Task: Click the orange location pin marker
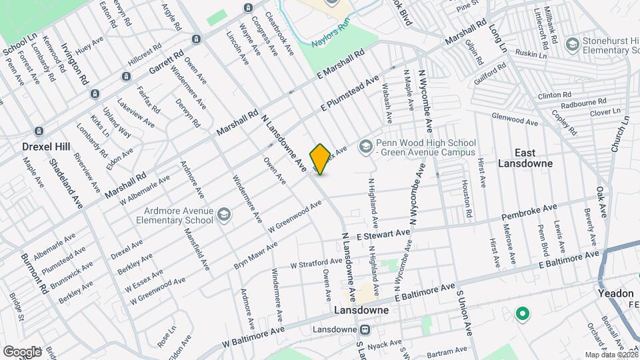(320, 159)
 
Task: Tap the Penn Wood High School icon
(365, 145)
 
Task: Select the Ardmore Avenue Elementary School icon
(223, 213)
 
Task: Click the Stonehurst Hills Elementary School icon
(571, 44)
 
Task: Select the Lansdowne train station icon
(365, 329)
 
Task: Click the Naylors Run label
(330, 43)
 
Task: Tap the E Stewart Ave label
(383, 235)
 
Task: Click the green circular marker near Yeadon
(523, 313)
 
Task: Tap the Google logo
(21, 351)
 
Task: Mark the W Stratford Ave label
(317, 263)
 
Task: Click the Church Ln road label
(623, 134)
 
